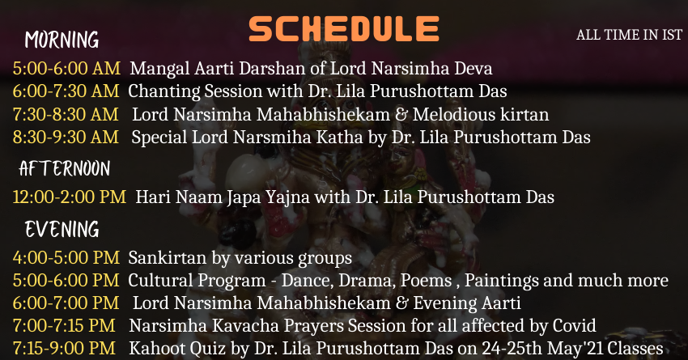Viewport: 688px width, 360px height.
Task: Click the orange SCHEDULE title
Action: [344, 29]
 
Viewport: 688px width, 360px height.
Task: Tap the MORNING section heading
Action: [62, 40]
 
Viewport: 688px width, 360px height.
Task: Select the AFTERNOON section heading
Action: [65, 169]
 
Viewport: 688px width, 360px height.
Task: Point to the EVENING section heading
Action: [62, 229]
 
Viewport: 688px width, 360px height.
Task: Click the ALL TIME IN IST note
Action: [629, 35]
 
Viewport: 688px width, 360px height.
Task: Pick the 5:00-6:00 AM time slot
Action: [66, 69]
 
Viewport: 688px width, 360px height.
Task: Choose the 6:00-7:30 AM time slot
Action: [66, 91]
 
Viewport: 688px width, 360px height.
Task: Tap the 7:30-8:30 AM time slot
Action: [66, 114]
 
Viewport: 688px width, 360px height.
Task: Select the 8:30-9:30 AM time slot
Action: [66, 138]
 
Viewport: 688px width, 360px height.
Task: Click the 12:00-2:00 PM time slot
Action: [70, 197]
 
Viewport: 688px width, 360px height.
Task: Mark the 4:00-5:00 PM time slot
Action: [66, 257]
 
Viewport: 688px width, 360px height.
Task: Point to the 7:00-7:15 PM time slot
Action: [64, 326]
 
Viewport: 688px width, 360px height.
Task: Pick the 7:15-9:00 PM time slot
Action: [64, 349]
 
